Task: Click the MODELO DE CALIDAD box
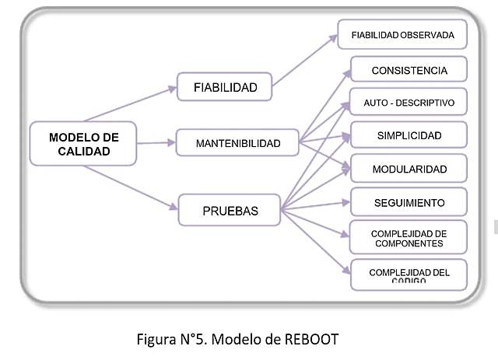pos(83,143)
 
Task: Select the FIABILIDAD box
pos(225,87)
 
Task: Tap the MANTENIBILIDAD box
pos(238,143)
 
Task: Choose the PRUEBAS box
pos(230,210)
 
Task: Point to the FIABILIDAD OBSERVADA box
pos(402,35)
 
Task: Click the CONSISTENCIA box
pos(409,70)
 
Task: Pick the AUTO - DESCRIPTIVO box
pos(409,103)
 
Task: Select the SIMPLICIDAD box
pos(409,135)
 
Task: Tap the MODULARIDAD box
pos(409,169)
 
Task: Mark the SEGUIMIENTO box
pos(409,202)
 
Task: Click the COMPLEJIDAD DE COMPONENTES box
pos(409,237)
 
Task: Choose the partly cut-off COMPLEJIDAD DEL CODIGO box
pos(409,273)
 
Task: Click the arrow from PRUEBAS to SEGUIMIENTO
pos(315,206)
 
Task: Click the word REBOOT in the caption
pos(311,340)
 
